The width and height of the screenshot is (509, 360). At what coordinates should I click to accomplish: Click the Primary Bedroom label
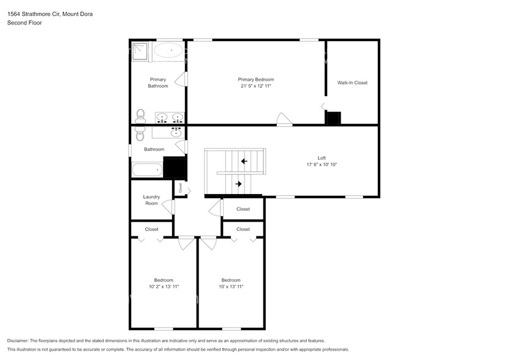[x=255, y=80]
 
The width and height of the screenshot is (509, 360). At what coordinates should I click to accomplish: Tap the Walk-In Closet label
[x=352, y=83]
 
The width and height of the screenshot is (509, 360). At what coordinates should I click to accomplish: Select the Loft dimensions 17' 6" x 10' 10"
[x=322, y=165]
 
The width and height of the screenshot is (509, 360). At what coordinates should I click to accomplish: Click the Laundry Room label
[x=151, y=200]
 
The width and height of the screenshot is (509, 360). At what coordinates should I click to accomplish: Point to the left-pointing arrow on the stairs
[x=244, y=162]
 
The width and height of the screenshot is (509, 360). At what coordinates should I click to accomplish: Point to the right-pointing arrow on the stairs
[x=239, y=182]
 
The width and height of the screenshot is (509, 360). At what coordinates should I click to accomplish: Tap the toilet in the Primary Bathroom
[x=140, y=115]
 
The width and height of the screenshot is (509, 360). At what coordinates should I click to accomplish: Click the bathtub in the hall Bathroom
[x=147, y=170]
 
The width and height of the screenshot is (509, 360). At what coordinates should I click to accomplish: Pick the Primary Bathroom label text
[x=157, y=83]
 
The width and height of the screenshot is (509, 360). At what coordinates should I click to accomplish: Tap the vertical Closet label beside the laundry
[x=181, y=189]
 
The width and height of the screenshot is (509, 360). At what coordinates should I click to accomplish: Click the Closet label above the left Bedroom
[x=151, y=230]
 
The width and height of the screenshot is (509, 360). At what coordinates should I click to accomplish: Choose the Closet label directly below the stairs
[x=243, y=209]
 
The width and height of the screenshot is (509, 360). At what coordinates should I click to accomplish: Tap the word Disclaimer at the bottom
[x=18, y=340]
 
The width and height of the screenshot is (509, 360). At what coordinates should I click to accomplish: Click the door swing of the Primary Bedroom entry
[x=284, y=119]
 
